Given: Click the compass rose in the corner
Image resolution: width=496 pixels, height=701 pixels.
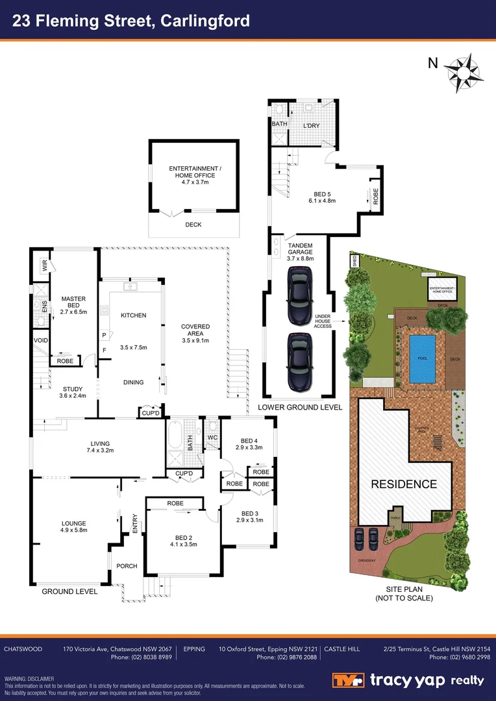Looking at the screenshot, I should pos(463,71).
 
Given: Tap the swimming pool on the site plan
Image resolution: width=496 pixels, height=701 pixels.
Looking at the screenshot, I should pos(423,358).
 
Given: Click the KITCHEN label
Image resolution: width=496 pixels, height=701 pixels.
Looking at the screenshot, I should pos(134,315).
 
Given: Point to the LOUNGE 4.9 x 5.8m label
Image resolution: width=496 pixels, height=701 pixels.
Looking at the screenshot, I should pos(73,526).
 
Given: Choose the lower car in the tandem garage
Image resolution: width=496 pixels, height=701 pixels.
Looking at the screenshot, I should pos(301,362).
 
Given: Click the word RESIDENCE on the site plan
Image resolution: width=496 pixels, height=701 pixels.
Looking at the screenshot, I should pos(404,484).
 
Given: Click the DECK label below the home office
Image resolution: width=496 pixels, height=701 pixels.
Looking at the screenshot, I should pos(193,225).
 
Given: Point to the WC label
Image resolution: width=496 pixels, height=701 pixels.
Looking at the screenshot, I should pos(212,437).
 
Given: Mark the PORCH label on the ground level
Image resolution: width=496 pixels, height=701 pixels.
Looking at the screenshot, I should pos(127,566).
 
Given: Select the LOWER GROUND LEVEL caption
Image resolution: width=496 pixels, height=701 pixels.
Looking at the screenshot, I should pos(299,407).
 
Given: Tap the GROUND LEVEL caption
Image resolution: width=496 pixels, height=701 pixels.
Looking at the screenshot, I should pos(69,591).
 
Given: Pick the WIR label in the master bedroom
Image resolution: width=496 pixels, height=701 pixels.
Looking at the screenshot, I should pos(45,266).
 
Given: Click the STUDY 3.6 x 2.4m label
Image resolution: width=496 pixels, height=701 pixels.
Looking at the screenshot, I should pos(73,392).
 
